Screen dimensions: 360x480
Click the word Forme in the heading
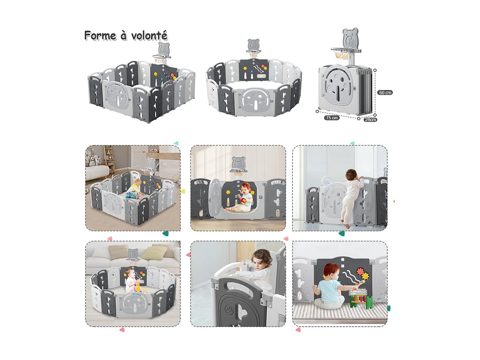[100, 35]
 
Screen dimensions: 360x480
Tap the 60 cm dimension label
[385, 93]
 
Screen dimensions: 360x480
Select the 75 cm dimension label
[332, 118]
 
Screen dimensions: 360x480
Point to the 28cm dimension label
[370, 120]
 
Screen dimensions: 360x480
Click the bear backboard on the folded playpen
[350, 38]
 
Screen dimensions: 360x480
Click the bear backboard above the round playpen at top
[253, 45]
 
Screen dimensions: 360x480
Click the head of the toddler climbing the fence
[352, 174]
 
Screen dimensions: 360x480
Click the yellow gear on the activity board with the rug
[365, 277]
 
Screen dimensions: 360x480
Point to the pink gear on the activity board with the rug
[360, 271]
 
